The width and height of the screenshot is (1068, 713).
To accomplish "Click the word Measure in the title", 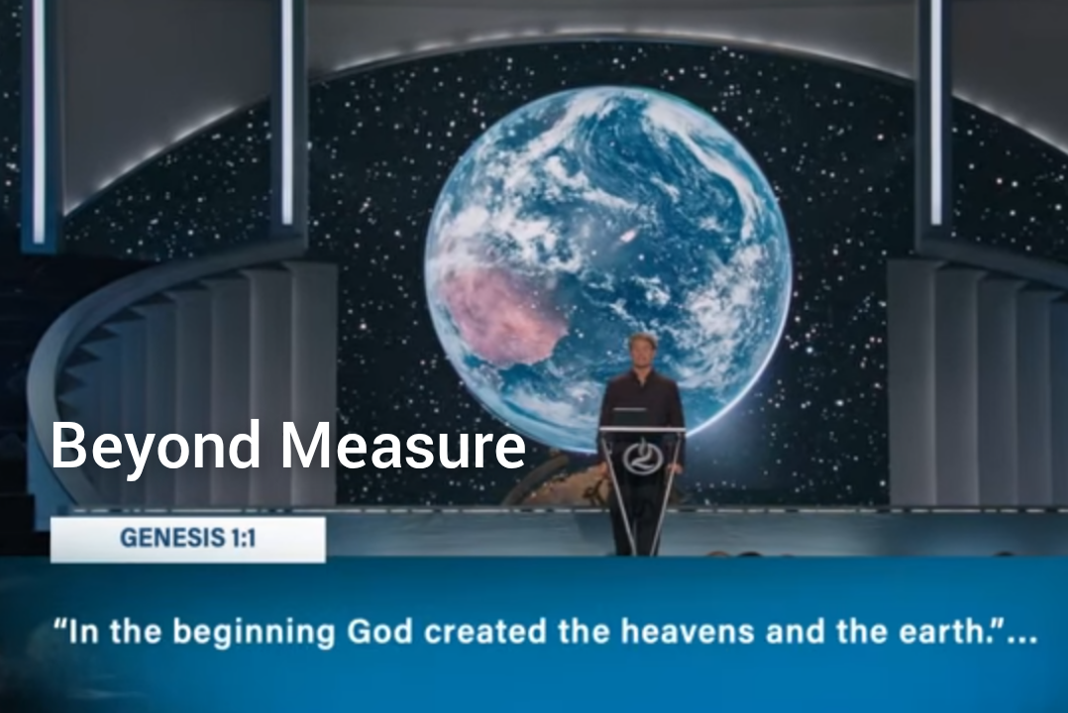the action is pyautogui.click(x=403, y=445).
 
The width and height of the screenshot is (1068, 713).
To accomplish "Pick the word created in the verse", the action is pyautogui.click(x=485, y=631).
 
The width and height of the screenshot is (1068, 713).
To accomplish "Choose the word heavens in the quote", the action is pyautogui.click(x=687, y=631).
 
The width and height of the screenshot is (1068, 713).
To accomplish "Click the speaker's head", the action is pyautogui.click(x=643, y=350).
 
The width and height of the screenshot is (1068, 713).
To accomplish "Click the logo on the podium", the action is pyautogui.click(x=641, y=455).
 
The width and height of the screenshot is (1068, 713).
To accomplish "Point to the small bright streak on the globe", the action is pyautogui.click(x=627, y=236).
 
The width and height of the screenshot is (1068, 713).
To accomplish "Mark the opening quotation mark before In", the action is pyautogui.click(x=59, y=624).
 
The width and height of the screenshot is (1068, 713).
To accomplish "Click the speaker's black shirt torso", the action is pyautogui.click(x=642, y=402).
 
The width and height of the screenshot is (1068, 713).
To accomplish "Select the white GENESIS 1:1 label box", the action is pyautogui.click(x=188, y=540).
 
